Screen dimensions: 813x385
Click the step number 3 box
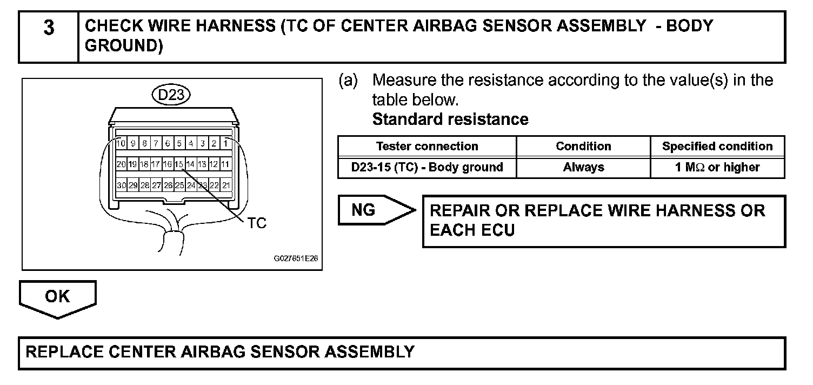coord(49,37)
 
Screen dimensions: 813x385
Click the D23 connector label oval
coord(171,96)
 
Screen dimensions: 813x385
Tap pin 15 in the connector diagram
coord(179,164)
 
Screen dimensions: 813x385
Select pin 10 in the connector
coord(122,143)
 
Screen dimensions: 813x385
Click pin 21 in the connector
coord(226,185)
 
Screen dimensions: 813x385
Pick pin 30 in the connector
coord(122,185)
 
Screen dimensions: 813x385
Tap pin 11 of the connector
coord(226,164)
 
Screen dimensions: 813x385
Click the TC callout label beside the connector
coord(257,224)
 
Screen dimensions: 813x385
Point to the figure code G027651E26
coord(296,258)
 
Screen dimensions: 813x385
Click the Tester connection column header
coord(427,147)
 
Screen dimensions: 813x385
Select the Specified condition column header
coord(717,147)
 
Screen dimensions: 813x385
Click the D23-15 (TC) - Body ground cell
coord(427,168)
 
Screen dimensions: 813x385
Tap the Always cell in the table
coord(583,168)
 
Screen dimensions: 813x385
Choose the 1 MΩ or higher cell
coord(717,168)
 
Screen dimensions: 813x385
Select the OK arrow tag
coord(57,297)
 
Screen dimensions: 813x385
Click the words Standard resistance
coord(450,119)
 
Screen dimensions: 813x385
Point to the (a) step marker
coord(348,81)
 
